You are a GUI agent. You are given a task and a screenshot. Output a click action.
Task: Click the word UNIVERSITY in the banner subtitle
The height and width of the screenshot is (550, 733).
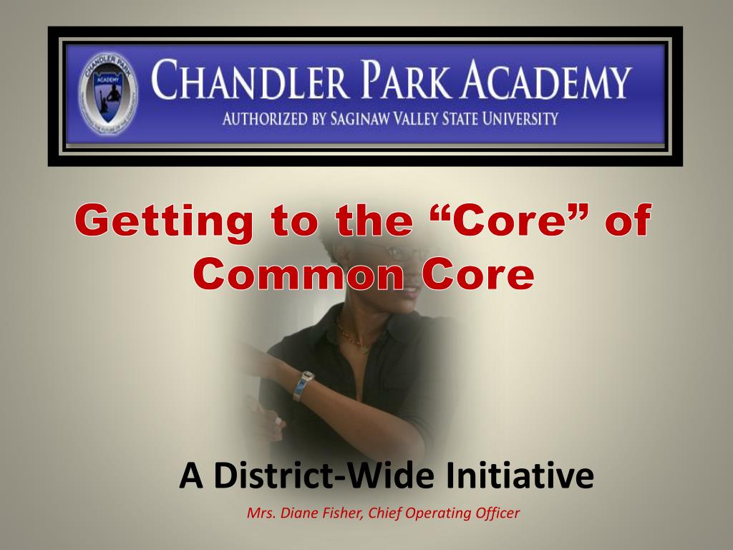(x=518, y=119)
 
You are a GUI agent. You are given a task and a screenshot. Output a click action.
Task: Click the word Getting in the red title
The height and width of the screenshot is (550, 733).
(x=164, y=222)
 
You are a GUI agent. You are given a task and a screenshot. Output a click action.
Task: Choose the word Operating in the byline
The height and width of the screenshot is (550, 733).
(x=440, y=513)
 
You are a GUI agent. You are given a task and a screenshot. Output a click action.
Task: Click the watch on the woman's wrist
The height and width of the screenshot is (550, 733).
(x=304, y=385)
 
